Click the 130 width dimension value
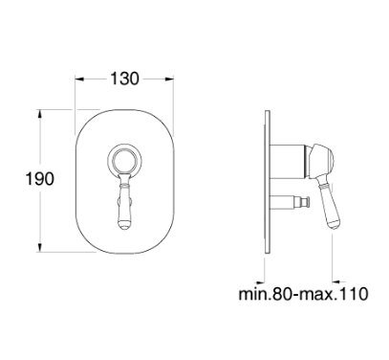click(124, 79)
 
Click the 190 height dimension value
click(39, 178)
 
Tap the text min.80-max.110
click(303, 294)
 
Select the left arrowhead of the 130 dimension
click(79, 79)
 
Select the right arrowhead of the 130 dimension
click(169, 79)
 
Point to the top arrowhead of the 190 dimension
click(39, 114)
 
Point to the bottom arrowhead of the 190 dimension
click(39, 247)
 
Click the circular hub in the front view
click(123, 160)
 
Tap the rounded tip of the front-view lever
click(123, 225)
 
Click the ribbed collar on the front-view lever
click(123, 184)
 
